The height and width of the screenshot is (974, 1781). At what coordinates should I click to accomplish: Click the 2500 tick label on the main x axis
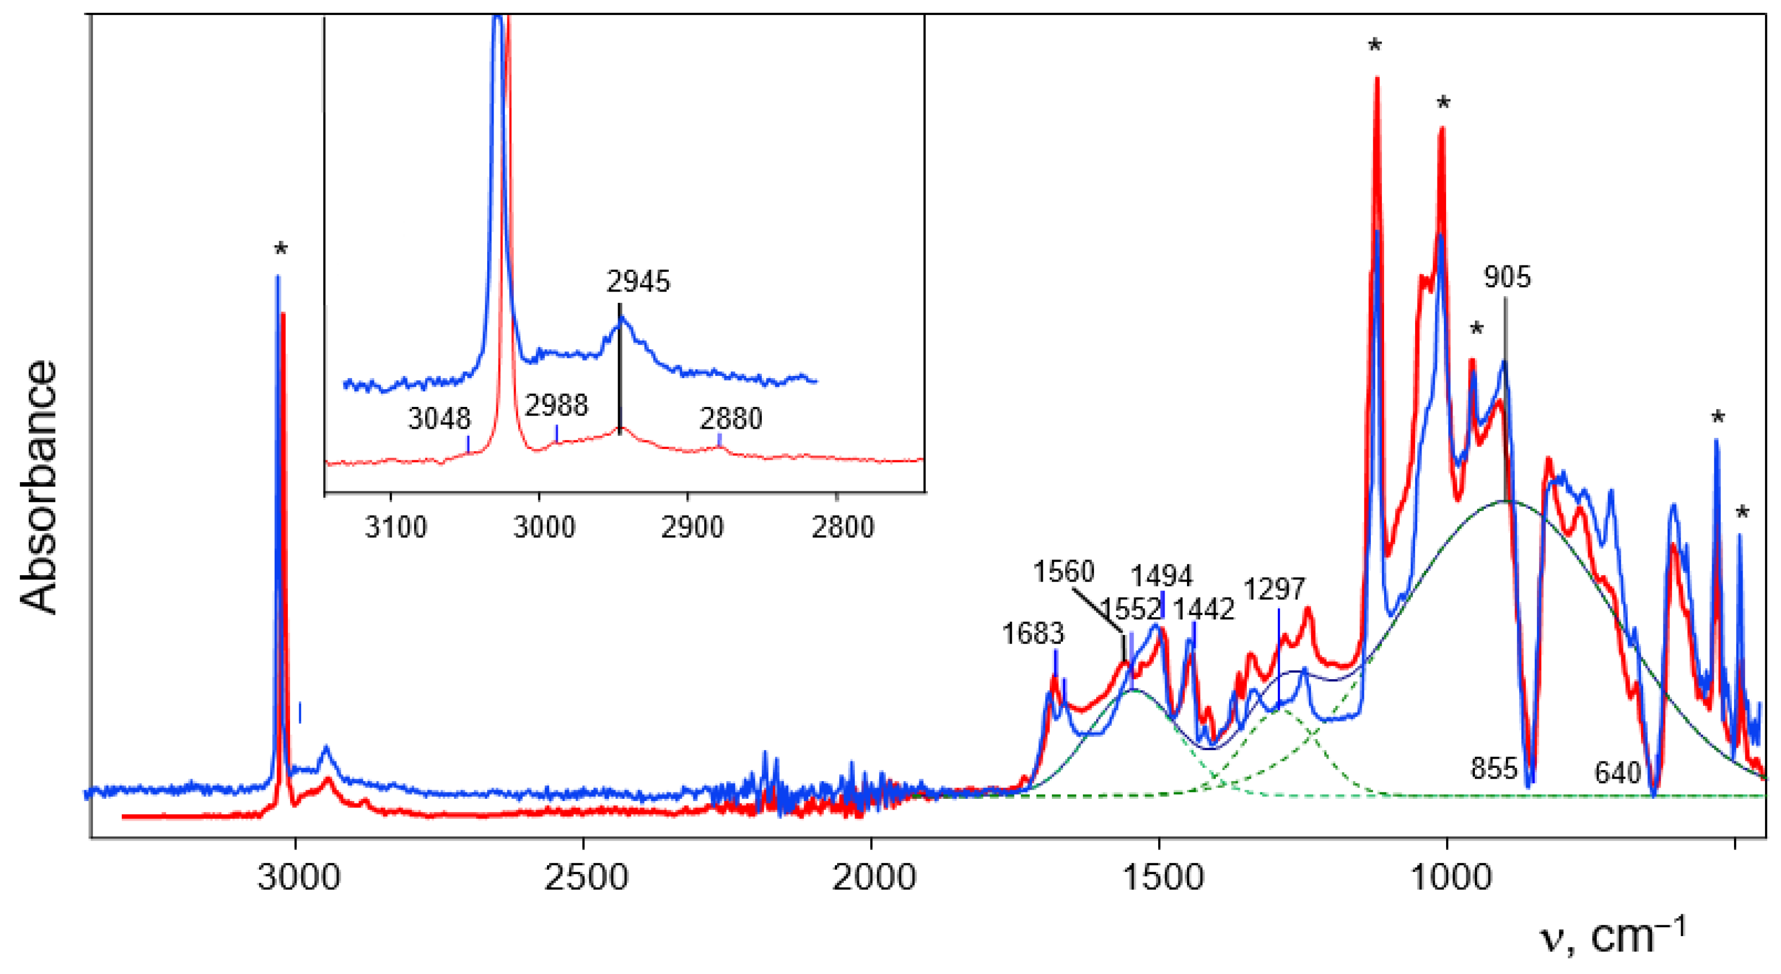pos(585,878)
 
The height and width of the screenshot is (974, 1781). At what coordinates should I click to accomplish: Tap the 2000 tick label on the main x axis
pos(873,878)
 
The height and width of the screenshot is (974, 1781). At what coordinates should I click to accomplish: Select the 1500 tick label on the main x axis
pos(1162,878)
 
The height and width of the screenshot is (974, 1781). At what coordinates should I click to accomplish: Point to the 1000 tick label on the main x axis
pos(1450,878)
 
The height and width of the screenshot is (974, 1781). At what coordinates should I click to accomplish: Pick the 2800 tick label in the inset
pos(842,528)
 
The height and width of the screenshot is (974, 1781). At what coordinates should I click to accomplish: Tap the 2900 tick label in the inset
pos(692,528)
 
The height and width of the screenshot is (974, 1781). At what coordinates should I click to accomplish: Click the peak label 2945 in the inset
pos(638,282)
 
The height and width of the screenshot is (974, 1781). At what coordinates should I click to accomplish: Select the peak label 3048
pos(439,419)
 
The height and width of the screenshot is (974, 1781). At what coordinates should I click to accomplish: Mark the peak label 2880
pos(731,419)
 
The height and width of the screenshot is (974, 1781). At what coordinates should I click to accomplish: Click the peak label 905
pos(1507,277)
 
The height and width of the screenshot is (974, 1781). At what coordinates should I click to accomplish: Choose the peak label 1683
pos(1033,634)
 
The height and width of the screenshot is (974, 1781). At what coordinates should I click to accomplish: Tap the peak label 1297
pos(1274,590)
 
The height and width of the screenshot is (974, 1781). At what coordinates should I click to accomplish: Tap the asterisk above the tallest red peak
pos(1374,46)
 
